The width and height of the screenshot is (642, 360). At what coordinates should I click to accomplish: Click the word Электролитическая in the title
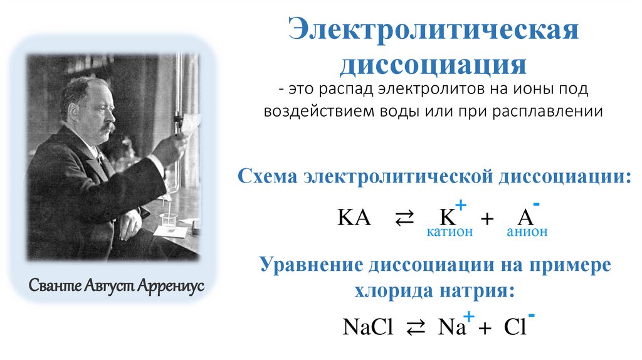tap(432, 32)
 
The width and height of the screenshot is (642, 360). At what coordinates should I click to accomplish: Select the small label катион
tap(450, 232)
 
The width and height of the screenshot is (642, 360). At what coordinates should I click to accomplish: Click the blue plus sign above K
tap(461, 204)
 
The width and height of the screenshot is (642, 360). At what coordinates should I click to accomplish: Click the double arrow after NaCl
tap(416, 328)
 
